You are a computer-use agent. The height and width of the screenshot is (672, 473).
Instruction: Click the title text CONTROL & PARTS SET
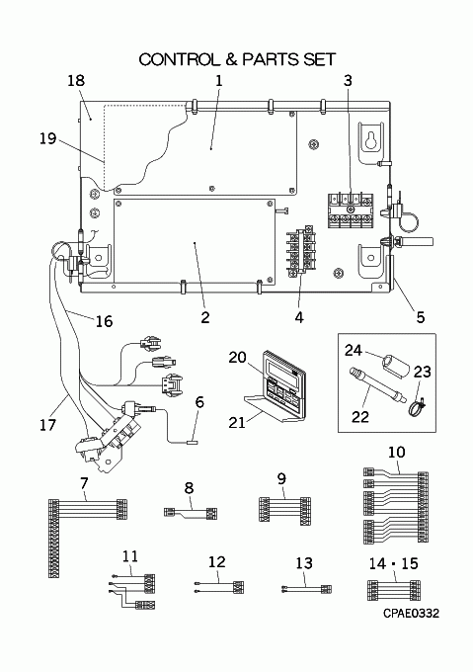point(237,59)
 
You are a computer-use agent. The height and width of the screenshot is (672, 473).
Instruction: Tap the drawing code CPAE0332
point(411,614)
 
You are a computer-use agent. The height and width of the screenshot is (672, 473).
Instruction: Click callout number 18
point(76,80)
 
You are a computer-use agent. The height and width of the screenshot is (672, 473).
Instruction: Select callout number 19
point(48,138)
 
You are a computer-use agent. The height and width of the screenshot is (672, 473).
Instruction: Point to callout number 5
point(421,317)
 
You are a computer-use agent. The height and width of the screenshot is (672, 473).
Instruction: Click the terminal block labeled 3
point(351,210)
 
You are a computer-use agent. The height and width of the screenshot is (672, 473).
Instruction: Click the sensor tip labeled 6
point(191,441)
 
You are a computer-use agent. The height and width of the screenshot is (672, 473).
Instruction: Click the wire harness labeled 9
point(284,509)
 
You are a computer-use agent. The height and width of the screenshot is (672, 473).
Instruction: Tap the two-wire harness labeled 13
point(306,589)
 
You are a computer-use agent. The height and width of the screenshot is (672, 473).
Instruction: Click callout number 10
point(396,452)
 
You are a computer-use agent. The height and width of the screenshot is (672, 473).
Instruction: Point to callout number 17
point(47,425)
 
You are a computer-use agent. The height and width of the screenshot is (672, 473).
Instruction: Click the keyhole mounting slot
point(371,139)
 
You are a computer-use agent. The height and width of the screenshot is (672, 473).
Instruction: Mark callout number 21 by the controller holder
point(237,422)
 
